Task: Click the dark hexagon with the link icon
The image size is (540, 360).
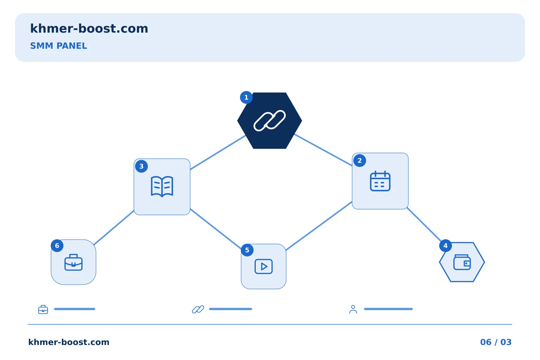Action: coord(270,121)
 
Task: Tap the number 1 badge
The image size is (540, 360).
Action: coord(246,97)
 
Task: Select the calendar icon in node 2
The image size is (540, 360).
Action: coord(380,181)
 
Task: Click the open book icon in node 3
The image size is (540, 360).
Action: coord(162,186)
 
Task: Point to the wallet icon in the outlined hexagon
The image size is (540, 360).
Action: coord(462,262)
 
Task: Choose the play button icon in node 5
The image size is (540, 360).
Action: coord(264,267)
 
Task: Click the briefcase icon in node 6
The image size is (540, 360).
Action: coord(73,262)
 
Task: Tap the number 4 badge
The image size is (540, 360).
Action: coord(445,246)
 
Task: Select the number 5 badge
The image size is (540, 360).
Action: coord(247,250)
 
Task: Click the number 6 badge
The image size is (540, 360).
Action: coord(57,246)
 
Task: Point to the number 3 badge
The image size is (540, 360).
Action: coord(141,166)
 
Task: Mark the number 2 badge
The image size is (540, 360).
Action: coord(360,160)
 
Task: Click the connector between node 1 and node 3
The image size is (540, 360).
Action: coord(218,153)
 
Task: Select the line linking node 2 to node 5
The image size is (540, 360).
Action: coord(319,226)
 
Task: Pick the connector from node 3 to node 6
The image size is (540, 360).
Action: coord(114,228)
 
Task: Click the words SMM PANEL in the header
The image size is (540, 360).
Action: coord(58,46)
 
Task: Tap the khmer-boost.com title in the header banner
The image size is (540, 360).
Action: coord(89,28)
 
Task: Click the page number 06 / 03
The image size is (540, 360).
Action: coord(496,342)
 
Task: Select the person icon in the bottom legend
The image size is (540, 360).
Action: coord(353,309)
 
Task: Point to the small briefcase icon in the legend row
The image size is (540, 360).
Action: coord(43,309)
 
